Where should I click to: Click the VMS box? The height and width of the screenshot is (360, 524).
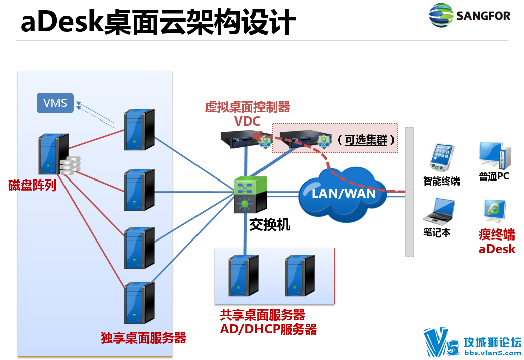(55, 103)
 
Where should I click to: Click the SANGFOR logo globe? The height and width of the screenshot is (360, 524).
(441, 15)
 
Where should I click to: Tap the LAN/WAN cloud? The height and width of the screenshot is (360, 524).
(343, 194)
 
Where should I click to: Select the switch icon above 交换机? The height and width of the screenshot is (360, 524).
(250, 195)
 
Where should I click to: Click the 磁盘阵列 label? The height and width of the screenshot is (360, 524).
(32, 185)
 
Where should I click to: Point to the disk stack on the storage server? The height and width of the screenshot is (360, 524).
(70, 165)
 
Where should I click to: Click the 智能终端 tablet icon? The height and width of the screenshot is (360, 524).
(442, 158)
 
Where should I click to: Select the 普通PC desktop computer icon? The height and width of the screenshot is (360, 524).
(495, 156)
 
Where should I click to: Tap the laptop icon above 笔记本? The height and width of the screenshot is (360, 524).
(439, 210)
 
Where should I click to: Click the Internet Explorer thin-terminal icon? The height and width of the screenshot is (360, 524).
(495, 211)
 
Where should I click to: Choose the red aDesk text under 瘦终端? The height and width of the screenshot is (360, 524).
(497, 249)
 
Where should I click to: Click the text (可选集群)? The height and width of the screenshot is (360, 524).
(366, 140)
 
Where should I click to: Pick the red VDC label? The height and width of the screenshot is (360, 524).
(247, 121)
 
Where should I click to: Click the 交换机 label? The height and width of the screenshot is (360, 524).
(270, 225)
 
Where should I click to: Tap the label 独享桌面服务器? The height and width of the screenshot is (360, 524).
(144, 338)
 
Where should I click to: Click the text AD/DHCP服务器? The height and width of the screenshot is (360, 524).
(269, 329)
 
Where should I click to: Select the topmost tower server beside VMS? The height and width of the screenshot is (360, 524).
(139, 130)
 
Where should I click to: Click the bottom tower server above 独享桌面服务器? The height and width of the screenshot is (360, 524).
(139, 303)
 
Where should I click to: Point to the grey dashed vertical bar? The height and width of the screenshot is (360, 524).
(409, 192)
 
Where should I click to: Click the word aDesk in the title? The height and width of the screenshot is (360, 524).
(62, 22)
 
